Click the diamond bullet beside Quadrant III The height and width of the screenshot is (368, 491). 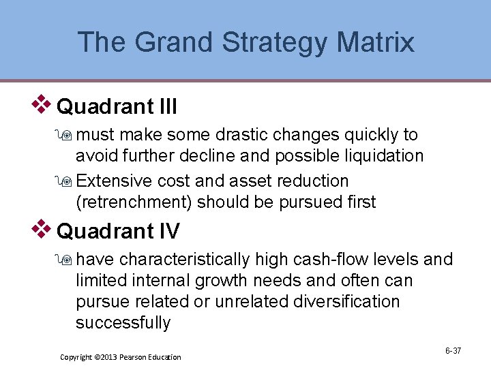(43, 104)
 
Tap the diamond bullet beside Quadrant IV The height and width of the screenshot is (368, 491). (43, 228)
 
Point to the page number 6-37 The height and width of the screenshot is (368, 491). (453, 350)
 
